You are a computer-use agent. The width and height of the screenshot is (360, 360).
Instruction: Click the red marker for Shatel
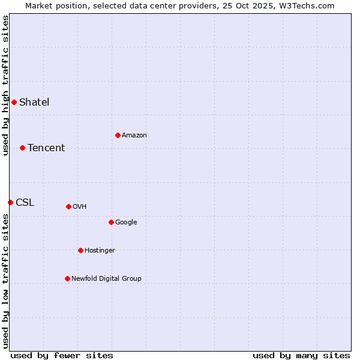[14, 102]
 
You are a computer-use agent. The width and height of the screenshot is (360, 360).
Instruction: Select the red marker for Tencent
[22, 148]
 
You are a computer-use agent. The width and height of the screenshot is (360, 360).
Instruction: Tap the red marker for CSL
[10, 202]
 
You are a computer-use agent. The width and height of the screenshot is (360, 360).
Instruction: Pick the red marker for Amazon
[118, 135]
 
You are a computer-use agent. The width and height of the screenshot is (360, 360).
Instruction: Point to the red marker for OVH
[68, 206]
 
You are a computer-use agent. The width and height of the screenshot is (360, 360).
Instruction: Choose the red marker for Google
[111, 222]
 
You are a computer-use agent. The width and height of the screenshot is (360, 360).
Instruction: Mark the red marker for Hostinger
[80, 250]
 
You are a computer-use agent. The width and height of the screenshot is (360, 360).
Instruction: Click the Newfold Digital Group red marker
[67, 278]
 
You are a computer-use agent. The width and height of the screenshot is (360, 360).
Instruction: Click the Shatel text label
[34, 102]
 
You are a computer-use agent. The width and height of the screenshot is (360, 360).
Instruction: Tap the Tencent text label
[46, 148]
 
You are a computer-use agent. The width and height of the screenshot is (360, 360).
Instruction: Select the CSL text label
[25, 202]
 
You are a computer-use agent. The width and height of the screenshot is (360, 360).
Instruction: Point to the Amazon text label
[134, 135]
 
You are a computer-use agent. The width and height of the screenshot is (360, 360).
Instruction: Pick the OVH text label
[80, 206]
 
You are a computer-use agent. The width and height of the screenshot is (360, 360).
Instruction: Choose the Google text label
[126, 222]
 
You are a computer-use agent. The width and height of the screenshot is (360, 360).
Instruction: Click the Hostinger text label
[100, 250]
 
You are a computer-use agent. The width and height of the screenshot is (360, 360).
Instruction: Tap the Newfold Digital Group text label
[106, 278]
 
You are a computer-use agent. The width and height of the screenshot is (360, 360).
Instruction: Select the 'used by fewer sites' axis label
[62, 355]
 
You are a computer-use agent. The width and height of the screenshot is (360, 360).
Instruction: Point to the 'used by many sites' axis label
[301, 355]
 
